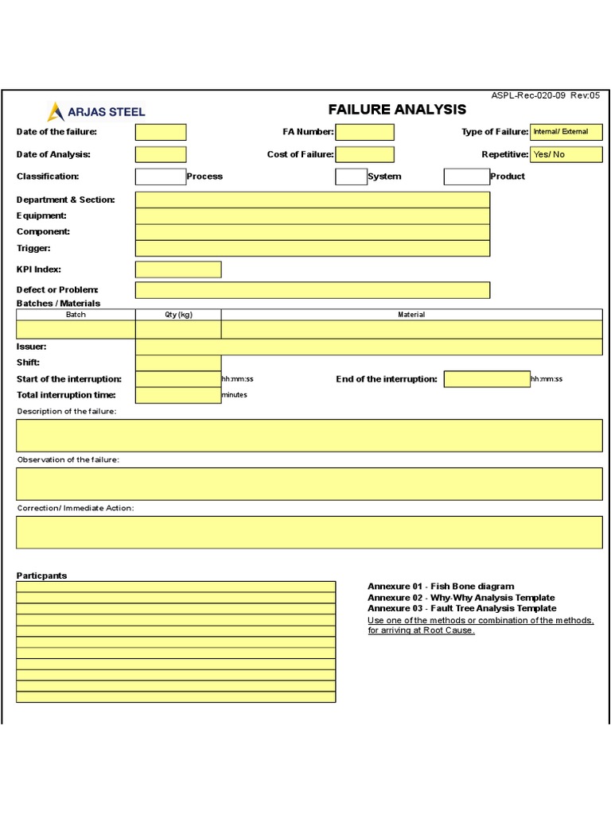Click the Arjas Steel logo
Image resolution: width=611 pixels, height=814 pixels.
95,112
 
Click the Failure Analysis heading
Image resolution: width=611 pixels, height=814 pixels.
397,110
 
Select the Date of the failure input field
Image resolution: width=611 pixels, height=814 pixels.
161,132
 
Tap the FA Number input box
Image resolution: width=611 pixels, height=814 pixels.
364,132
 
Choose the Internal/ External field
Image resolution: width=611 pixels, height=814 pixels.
566,132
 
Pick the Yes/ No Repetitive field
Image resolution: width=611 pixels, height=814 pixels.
566,154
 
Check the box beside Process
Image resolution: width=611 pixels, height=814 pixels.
160,176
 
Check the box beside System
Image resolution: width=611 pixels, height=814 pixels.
351,176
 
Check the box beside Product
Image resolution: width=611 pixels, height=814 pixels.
466,176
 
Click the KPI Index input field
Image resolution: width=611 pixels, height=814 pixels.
178,269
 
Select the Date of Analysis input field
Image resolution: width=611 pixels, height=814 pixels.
161,154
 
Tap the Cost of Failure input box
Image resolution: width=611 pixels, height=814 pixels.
364,154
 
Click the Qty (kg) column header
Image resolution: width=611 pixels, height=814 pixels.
178,315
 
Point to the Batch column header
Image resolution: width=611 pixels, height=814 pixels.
76,315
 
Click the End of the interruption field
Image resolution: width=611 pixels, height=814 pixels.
487,379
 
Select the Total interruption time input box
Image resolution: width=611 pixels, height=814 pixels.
178,395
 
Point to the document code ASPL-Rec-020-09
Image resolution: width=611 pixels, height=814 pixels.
528,95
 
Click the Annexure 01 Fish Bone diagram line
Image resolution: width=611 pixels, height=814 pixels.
441,587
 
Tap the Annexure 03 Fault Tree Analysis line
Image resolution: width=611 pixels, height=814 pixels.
461,609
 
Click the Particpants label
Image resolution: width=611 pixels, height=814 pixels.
42,576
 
